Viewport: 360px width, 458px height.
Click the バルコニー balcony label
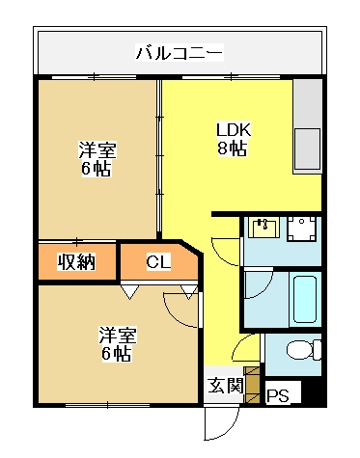pyautogui.click(x=180, y=53)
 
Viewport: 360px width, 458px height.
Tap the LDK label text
pyautogui.click(x=233, y=130)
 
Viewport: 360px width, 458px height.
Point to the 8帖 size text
pyautogui.click(x=233, y=148)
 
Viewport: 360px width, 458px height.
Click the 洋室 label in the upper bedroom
pyautogui.click(x=97, y=150)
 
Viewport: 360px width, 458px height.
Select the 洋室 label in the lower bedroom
pyautogui.click(x=118, y=335)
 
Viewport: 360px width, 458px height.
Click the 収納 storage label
pyautogui.click(x=76, y=262)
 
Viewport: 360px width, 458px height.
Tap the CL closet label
pyautogui.click(x=158, y=261)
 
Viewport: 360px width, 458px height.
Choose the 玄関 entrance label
pyautogui.click(x=225, y=385)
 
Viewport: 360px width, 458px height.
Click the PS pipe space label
pyautogui.click(x=278, y=395)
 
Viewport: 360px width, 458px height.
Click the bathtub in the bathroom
pyautogui.click(x=305, y=299)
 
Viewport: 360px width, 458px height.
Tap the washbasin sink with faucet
pyautogui.click(x=264, y=228)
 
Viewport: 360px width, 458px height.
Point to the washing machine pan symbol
pyautogui.click(x=302, y=229)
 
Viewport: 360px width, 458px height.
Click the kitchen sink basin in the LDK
pyautogui.click(x=308, y=148)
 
